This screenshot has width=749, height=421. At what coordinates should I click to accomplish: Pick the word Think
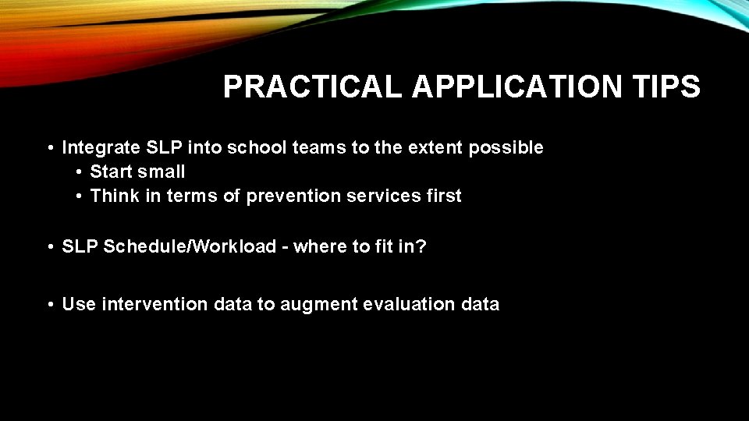click(x=113, y=196)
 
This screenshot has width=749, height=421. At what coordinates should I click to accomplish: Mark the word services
click(x=380, y=196)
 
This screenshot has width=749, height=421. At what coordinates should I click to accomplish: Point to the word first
click(x=442, y=196)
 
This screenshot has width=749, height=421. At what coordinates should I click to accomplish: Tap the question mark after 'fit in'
click(x=422, y=247)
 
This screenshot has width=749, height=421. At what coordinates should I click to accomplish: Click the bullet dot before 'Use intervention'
click(x=49, y=305)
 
